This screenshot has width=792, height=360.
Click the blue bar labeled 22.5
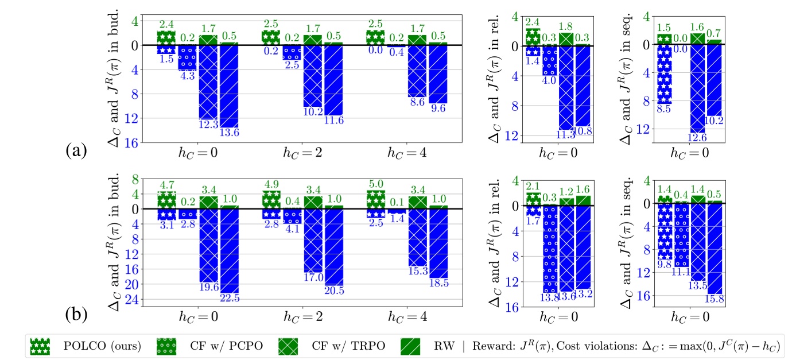click(230, 250)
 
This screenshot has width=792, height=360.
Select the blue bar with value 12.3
click(208, 82)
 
